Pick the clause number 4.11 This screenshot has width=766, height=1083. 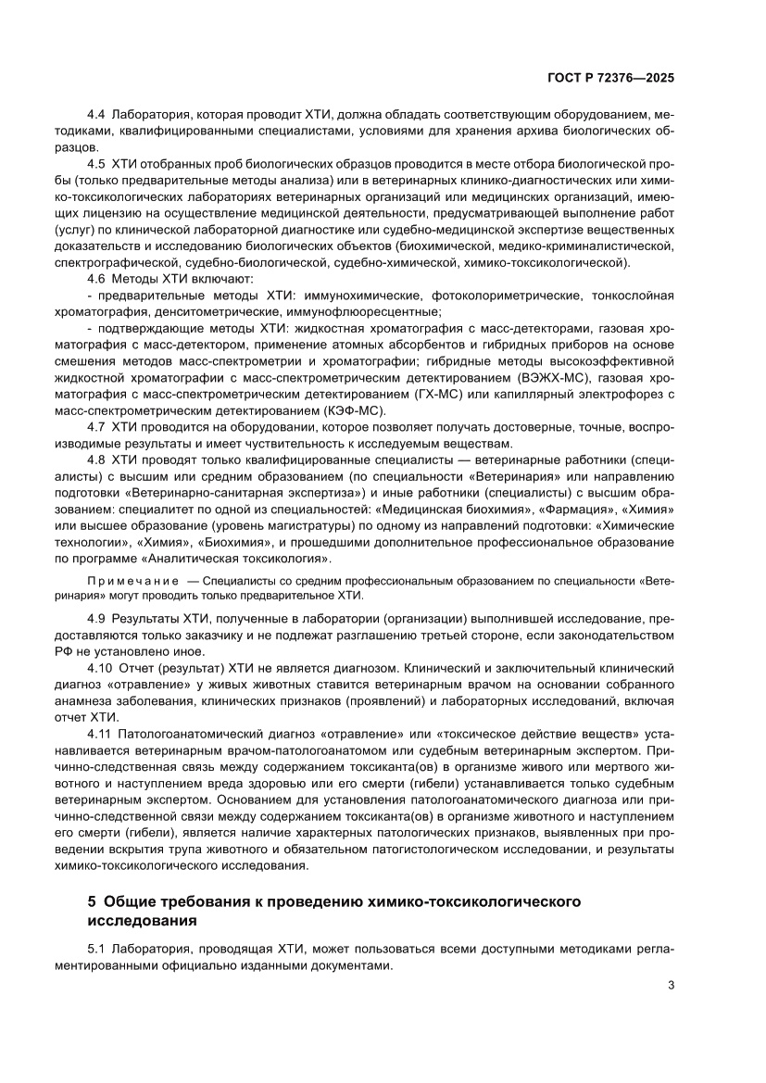[x=99, y=734]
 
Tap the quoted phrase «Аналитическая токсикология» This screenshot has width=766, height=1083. [x=245, y=559]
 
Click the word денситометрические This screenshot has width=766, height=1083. [x=236, y=312]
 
